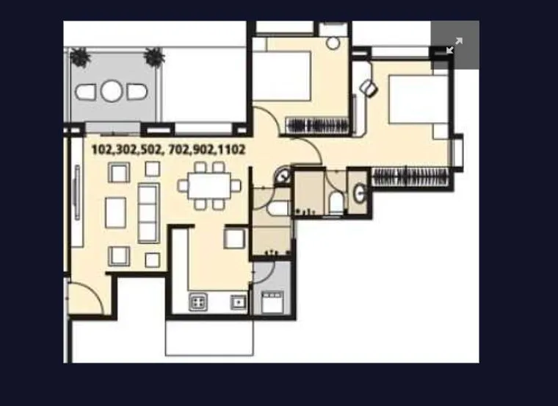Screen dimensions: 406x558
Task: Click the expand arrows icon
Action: click(x=454, y=45)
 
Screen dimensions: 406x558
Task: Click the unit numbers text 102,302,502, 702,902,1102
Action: click(x=168, y=150)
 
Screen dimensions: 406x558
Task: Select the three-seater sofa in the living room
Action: click(x=148, y=213)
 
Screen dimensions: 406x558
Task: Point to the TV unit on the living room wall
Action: click(x=76, y=192)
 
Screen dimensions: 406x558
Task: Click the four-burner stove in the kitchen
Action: click(x=198, y=302)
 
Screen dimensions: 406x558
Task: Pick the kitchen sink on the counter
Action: click(x=237, y=302)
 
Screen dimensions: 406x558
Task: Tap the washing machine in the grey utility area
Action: click(x=272, y=302)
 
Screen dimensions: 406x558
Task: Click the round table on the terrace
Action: click(x=112, y=91)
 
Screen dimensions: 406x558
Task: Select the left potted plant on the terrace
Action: click(x=80, y=57)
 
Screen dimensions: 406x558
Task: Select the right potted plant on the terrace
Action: click(x=154, y=57)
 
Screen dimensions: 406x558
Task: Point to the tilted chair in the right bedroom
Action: click(x=369, y=89)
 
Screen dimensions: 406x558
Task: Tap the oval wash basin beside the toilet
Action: click(x=358, y=193)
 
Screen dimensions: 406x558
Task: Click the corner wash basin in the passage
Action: click(x=283, y=178)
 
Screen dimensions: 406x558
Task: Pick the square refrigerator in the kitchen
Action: click(x=235, y=238)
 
